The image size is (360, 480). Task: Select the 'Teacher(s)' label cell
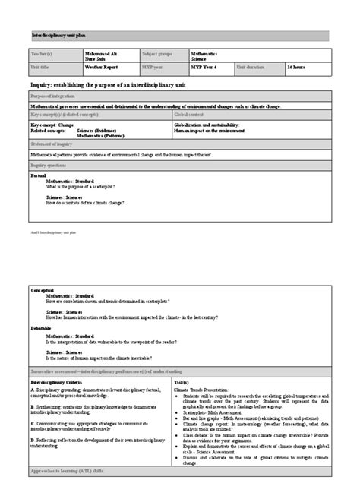click(43, 54)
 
